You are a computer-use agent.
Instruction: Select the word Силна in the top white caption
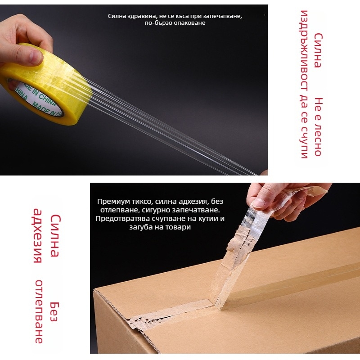point(116,16)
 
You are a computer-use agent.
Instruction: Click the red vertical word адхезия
point(38,235)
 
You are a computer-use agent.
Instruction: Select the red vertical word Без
point(54,312)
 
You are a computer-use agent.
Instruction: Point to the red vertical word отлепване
point(39,311)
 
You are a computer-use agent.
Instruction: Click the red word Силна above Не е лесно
point(318,50)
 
